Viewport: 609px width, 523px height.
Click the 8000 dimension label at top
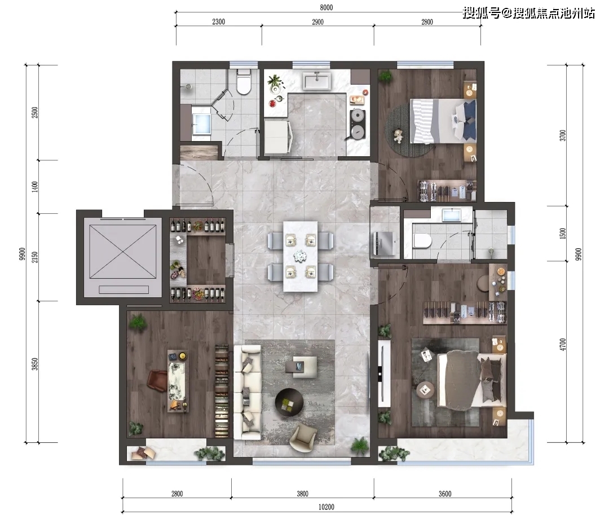[326, 7]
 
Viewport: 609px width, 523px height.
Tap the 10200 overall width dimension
[326, 507]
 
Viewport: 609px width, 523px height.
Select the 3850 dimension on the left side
[35, 364]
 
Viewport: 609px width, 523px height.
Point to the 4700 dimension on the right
[563, 344]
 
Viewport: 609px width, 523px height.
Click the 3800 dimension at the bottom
[303, 494]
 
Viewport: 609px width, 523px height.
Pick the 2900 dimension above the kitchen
[317, 22]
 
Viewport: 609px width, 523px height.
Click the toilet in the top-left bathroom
[244, 81]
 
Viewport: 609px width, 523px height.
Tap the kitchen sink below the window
[317, 81]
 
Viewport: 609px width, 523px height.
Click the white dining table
[300, 256]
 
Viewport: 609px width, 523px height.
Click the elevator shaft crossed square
[123, 252]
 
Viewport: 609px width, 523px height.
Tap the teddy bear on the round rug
[398, 135]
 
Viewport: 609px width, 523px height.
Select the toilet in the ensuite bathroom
[422, 241]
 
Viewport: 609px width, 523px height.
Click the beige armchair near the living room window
[303, 438]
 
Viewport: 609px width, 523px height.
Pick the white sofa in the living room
[248, 393]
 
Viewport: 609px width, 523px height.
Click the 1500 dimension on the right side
[563, 233]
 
